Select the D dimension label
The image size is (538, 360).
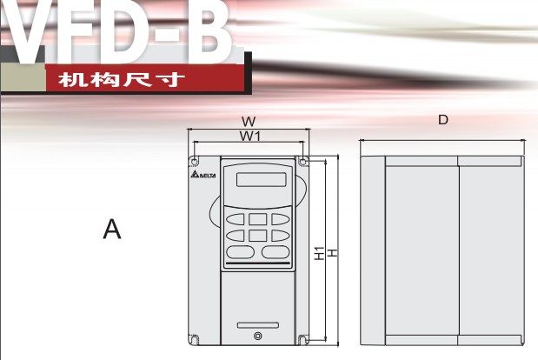tap(443, 120)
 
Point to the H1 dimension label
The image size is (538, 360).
tap(319, 254)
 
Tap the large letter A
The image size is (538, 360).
tap(111, 230)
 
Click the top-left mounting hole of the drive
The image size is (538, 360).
tap(194, 161)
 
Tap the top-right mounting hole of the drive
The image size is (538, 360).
tap(302, 161)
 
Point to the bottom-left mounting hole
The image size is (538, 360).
tap(195, 339)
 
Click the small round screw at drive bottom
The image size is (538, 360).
tap(256, 337)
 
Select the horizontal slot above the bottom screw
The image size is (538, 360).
tap(256, 326)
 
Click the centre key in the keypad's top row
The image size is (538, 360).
tap(257, 219)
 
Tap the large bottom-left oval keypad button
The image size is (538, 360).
tap(241, 251)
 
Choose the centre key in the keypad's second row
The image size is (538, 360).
tap(257, 235)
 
